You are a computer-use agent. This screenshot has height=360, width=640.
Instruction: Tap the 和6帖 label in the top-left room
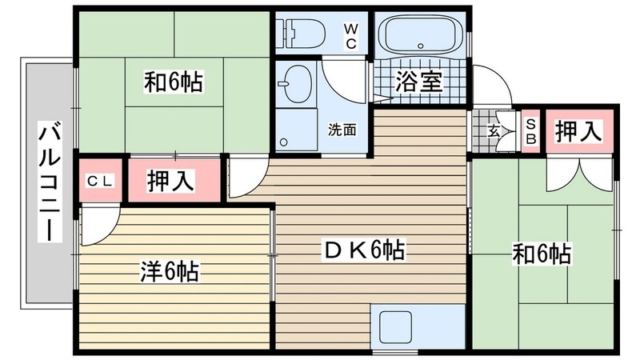pos(173,81)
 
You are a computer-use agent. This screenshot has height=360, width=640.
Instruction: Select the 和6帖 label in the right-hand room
pos(542,254)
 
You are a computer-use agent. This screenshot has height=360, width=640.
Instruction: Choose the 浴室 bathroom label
pos(419,82)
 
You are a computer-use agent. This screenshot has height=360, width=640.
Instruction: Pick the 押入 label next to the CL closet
pos(170,181)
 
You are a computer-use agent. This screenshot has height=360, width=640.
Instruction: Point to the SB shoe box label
pos(530,130)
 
